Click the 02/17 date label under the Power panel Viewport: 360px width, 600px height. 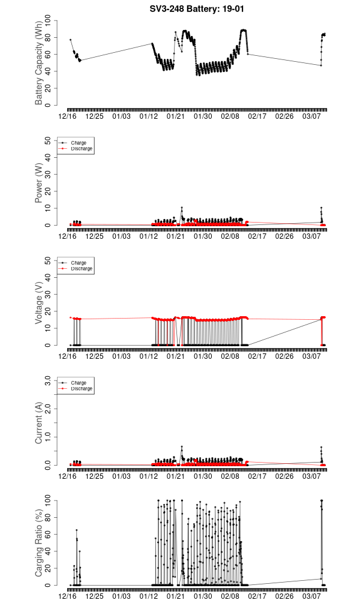[x=257, y=236]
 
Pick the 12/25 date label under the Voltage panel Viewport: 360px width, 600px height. [x=95, y=356]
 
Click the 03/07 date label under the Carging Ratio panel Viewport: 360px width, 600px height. [x=311, y=596]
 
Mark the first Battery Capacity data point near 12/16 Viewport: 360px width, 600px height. [x=70, y=40]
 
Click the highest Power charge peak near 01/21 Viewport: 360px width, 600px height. [x=181, y=208]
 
